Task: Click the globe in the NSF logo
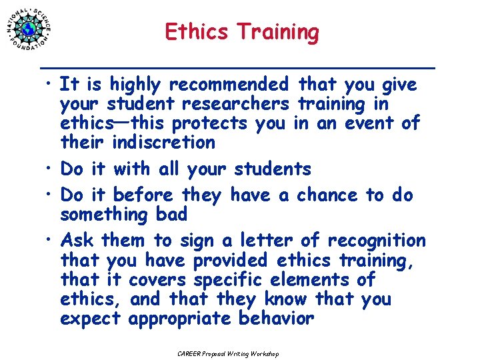[29, 29]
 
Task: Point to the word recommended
[229, 85]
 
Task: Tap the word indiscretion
[164, 143]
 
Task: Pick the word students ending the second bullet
[273, 169]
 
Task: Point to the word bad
[171, 214]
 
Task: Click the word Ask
[77, 240]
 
